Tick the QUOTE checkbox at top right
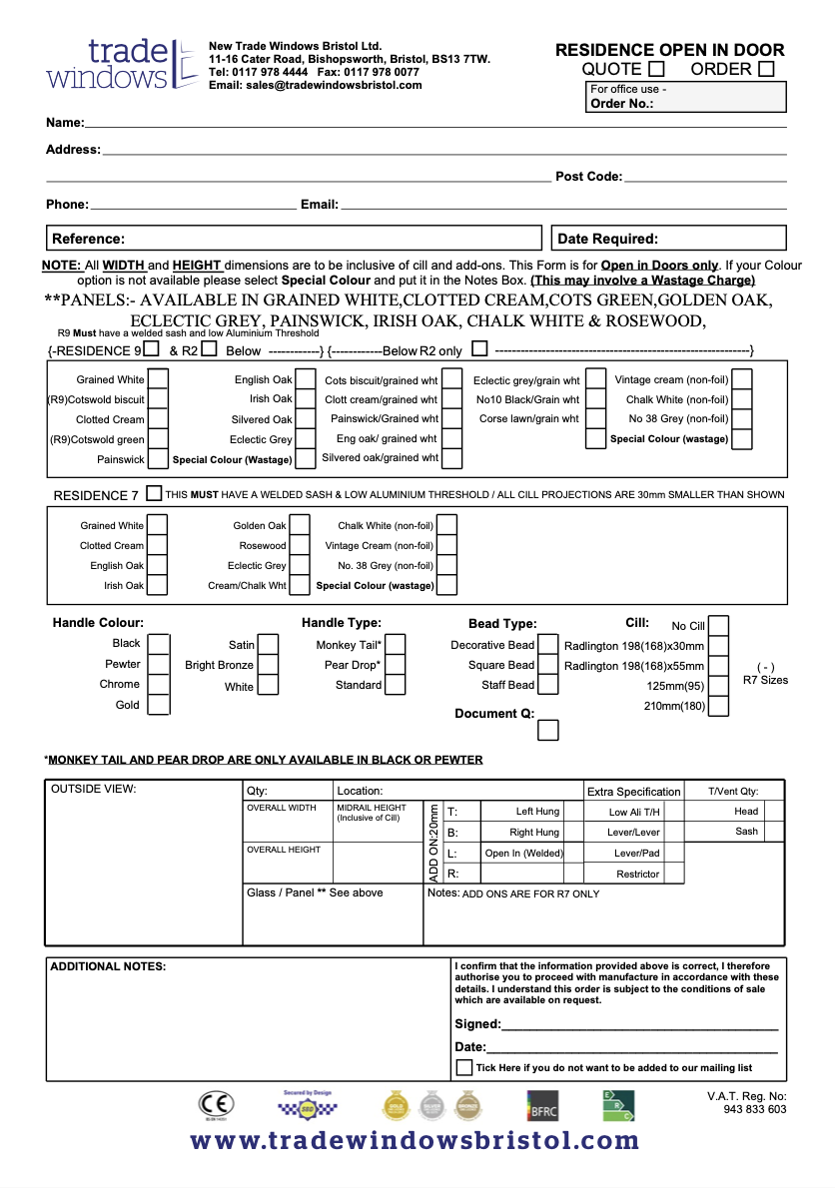point(656,69)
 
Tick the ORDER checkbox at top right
point(766,69)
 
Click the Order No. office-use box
point(687,97)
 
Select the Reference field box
point(294,239)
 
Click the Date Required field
point(668,239)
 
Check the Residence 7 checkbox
point(153,493)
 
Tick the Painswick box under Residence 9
point(158,459)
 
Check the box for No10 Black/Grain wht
point(595,399)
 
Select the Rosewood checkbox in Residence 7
point(301,546)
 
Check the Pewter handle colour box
point(158,665)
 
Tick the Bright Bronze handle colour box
point(267,665)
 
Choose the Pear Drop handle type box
point(395,665)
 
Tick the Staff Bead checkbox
point(548,685)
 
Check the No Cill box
point(718,626)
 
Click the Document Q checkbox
point(548,730)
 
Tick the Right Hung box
point(573,832)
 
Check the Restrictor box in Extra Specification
point(674,874)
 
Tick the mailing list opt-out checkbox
point(464,1067)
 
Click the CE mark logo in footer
point(216,1105)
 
